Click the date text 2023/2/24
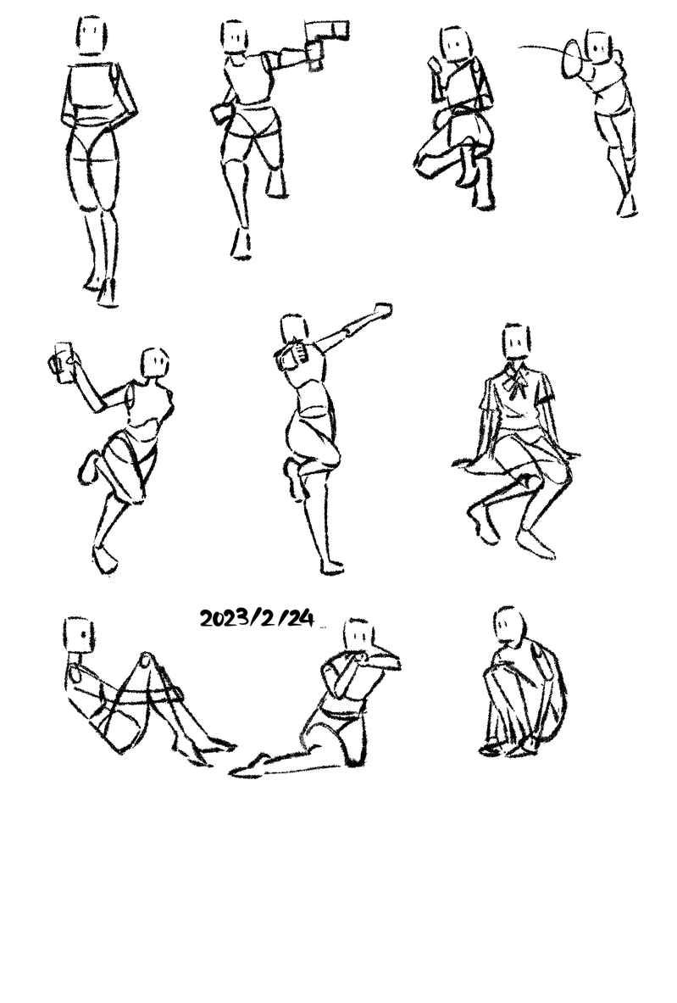(x=257, y=619)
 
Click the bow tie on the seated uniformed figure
(x=515, y=383)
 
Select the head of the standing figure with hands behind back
(x=92, y=35)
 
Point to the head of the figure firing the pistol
(x=235, y=36)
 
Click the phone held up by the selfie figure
(x=64, y=362)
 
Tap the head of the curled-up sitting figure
(x=509, y=624)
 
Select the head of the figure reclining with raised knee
(x=80, y=635)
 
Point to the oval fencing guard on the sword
(x=572, y=59)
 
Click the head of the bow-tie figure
(x=516, y=342)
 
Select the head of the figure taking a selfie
(x=155, y=364)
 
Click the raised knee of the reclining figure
(x=147, y=660)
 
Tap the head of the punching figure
(x=294, y=329)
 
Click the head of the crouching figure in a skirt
(x=455, y=44)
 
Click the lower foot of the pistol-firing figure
(x=241, y=243)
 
